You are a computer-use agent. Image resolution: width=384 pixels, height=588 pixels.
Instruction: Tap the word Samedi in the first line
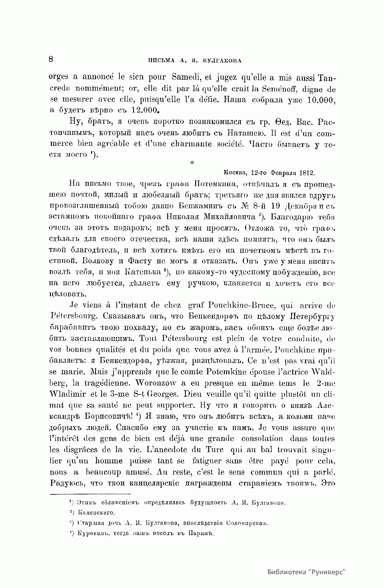tap(186, 78)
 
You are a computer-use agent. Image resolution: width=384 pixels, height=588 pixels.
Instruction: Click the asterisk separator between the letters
tap(192, 163)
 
